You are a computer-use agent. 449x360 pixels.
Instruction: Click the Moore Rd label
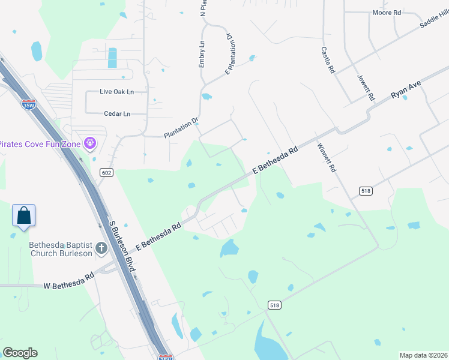point(386,13)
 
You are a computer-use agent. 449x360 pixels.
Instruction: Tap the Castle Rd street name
point(327,60)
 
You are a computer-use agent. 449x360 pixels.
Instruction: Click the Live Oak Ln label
point(116,92)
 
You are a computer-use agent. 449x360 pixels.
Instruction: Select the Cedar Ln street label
point(116,113)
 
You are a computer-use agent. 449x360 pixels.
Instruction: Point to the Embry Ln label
point(202,54)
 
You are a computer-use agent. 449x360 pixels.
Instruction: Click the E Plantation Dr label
point(228,54)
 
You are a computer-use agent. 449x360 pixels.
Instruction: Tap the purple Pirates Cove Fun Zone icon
point(89,143)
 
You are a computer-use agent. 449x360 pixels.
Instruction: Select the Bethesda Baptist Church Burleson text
point(61,249)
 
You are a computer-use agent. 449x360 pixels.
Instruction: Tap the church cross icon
point(101,248)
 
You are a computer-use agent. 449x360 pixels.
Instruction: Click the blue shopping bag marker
point(23,215)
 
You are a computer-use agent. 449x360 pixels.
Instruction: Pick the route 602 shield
point(106,173)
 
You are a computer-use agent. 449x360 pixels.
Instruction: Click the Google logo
point(20,353)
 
